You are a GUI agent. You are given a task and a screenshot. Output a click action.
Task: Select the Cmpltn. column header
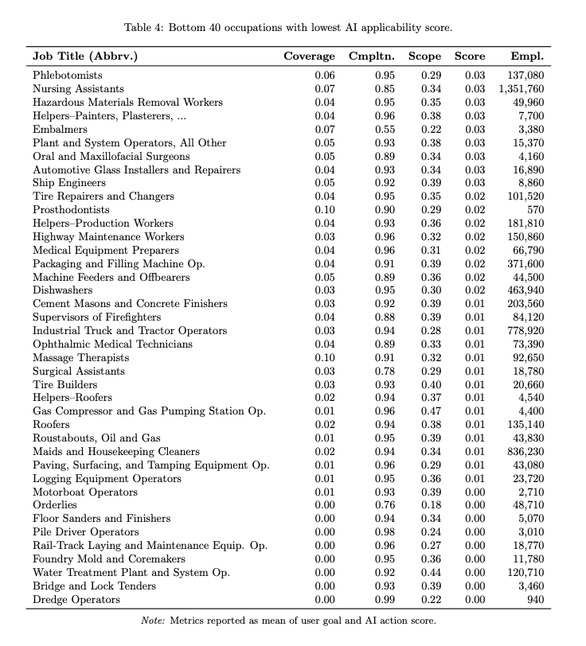click(373, 56)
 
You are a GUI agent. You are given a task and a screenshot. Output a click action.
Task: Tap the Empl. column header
click(527, 56)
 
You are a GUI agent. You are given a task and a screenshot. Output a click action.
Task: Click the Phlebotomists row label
click(67, 76)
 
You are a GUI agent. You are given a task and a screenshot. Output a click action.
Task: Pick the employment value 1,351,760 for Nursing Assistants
click(522, 89)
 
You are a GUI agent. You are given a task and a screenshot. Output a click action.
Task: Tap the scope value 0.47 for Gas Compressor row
click(430, 411)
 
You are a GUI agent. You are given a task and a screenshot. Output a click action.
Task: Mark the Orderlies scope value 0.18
click(430, 505)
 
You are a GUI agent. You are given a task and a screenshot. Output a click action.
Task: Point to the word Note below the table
click(152, 621)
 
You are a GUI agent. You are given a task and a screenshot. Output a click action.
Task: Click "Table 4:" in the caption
click(146, 28)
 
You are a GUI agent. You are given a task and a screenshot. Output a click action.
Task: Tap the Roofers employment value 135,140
click(525, 425)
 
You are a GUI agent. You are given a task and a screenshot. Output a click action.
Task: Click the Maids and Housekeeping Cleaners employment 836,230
click(525, 451)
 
